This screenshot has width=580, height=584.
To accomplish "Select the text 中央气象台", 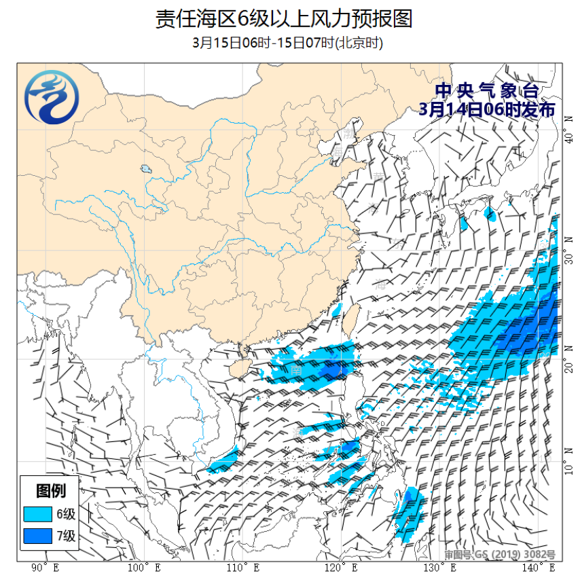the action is pos(487,91).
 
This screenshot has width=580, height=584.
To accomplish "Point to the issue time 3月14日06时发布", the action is pos(487,109).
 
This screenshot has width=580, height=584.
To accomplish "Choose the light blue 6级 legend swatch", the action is pos(37,513).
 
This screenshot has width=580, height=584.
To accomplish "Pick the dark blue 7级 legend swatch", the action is pos(37,536).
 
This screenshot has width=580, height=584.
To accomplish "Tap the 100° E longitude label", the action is pos(144,568).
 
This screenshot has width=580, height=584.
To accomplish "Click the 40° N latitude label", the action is pos(568,139).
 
